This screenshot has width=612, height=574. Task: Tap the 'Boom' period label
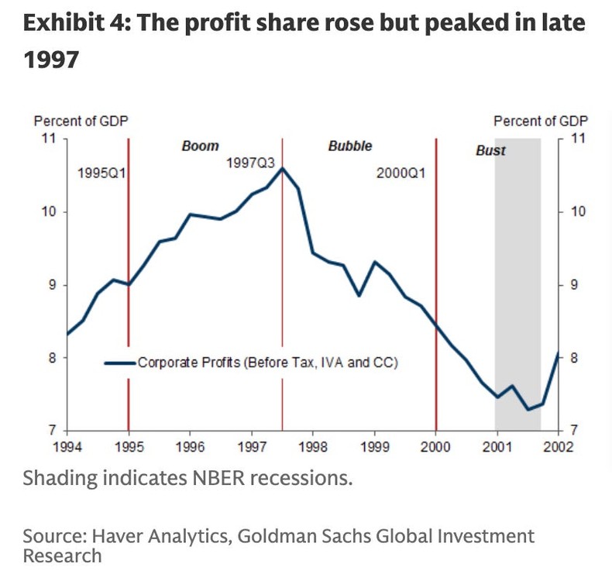200,146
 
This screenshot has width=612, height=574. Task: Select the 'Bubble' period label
350,146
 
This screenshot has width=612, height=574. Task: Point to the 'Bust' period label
490,150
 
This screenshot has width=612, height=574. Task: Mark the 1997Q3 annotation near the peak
250,163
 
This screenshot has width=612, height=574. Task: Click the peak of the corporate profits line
283,168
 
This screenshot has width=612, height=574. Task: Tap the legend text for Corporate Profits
267,362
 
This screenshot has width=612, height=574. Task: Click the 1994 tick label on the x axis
67,446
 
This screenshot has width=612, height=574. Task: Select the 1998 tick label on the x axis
313,446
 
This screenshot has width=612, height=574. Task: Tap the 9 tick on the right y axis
574,285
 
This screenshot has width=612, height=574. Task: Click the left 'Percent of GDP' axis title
81,121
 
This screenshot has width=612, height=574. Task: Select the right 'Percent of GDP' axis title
541,121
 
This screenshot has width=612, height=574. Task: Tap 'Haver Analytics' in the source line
152,536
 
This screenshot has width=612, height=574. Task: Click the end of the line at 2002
559,353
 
